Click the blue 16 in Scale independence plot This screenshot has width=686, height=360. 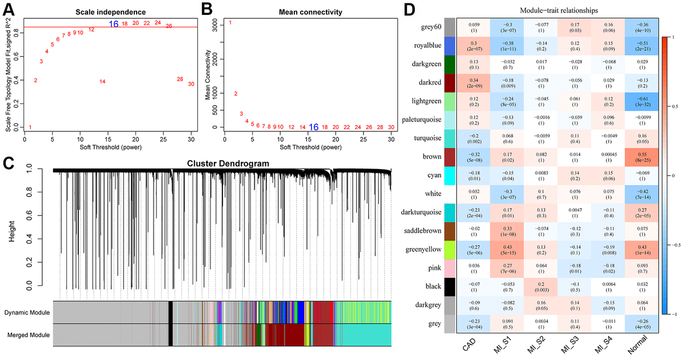coord(114,24)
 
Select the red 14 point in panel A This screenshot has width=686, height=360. coord(102,82)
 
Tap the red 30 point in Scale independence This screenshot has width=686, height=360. coord(191,84)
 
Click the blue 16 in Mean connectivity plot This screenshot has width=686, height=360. coord(313,127)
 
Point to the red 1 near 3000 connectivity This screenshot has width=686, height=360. coord(230,23)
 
